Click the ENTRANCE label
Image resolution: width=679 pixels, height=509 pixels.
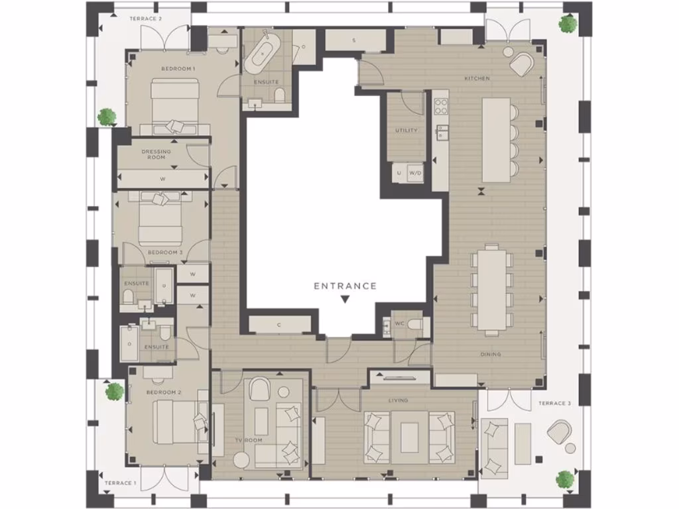(x=345, y=286)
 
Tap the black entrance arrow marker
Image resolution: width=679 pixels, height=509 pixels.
(x=345, y=300)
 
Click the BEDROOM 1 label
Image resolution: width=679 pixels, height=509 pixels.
(x=178, y=69)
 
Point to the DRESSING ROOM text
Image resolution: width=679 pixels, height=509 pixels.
(x=156, y=154)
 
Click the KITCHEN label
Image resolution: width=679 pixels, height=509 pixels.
(x=477, y=78)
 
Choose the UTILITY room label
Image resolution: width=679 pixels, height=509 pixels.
(x=406, y=131)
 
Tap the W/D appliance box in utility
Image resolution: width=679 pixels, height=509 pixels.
(x=416, y=173)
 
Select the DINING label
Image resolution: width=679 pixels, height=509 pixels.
(x=491, y=355)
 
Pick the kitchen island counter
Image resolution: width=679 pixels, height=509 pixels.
(x=496, y=139)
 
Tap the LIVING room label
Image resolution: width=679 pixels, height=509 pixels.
(x=399, y=400)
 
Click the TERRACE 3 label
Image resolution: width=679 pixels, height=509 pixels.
(x=552, y=403)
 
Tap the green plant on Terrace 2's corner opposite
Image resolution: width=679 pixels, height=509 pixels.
(x=567, y=25)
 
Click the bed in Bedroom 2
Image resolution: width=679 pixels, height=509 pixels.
(x=174, y=424)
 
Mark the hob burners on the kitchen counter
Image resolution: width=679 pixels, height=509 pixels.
(x=441, y=106)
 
